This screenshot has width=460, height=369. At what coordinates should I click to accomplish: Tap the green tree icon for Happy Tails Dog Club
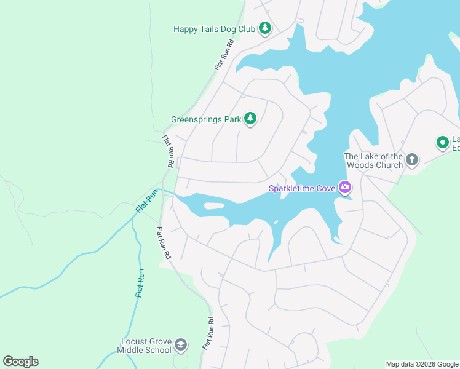click(x=265, y=28)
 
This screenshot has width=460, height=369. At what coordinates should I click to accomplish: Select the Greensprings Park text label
click(x=206, y=120)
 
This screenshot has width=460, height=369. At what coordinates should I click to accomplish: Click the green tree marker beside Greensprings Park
click(x=250, y=118)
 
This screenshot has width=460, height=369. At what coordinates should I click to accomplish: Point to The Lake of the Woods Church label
click(x=373, y=161)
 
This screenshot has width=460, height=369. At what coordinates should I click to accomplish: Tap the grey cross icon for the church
click(x=412, y=160)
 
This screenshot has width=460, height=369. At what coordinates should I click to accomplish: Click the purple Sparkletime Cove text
click(x=301, y=188)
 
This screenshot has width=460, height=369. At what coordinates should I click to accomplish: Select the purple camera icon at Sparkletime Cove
click(x=345, y=187)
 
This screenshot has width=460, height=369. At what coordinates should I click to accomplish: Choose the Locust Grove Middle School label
click(x=145, y=346)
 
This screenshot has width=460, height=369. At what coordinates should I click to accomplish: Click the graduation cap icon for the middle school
click(x=181, y=345)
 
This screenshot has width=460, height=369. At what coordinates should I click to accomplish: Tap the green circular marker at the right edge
click(x=442, y=143)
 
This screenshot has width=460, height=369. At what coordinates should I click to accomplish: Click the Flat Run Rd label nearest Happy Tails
click(x=224, y=54)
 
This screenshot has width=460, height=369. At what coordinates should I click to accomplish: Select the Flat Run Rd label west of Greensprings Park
click(x=167, y=151)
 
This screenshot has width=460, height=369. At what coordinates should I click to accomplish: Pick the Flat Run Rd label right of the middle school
click(x=210, y=333)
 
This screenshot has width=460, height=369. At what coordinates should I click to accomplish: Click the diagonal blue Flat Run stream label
click(x=147, y=202)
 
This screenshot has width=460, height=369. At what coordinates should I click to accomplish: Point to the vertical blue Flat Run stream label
click(x=140, y=284)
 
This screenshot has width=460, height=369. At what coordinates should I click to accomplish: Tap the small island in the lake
click(x=213, y=205)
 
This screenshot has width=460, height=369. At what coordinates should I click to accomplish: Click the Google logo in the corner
click(x=20, y=362)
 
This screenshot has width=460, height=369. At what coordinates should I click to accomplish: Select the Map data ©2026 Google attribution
click(x=422, y=364)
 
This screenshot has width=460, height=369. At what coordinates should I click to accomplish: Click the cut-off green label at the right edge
click(x=456, y=143)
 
